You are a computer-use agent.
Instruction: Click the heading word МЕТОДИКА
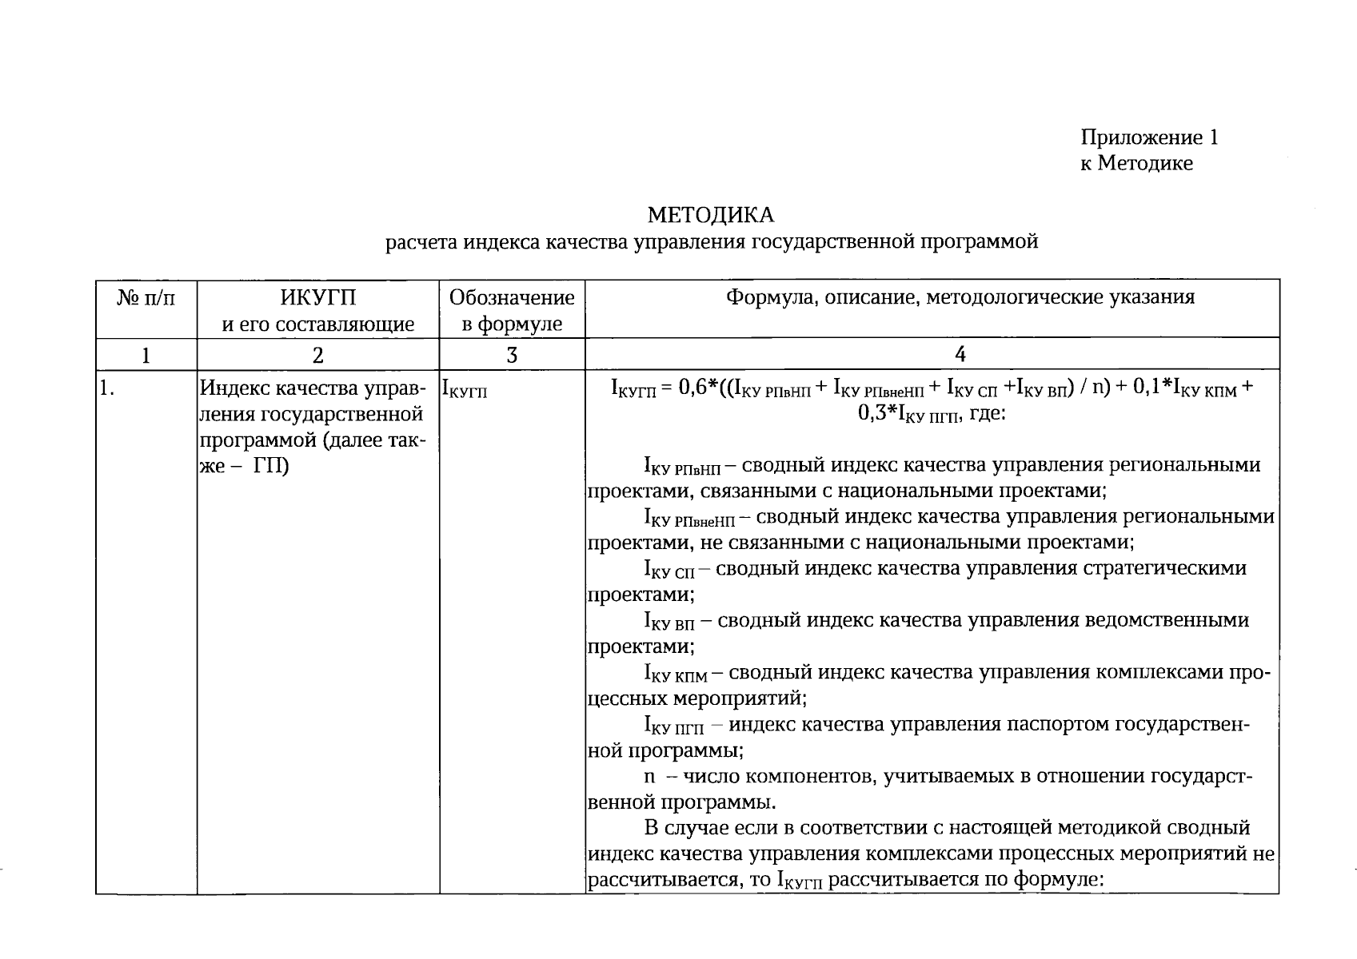click(x=710, y=215)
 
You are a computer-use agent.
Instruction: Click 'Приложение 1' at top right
click(x=1149, y=137)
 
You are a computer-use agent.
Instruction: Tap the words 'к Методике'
click(x=1136, y=163)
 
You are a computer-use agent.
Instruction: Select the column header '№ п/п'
click(x=146, y=298)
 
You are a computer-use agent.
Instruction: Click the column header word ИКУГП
click(x=317, y=298)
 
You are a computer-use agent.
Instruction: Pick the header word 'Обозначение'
click(x=512, y=298)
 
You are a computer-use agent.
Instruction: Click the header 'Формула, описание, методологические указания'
click(x=960, y=297)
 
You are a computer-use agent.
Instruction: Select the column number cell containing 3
click(x=512, y=355)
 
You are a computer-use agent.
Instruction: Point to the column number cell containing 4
click(x=960, y=354)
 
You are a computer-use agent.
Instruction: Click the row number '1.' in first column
click(x=105, y=389)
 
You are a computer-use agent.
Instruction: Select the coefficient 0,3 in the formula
click(x=876, y=413)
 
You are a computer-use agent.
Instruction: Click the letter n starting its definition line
click(x=649, y=777)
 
